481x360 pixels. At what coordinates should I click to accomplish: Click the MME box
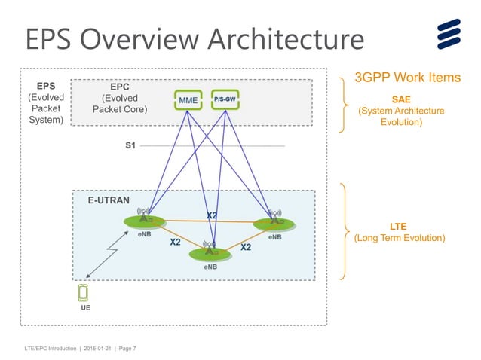pyautogui.click(x=187, y=99)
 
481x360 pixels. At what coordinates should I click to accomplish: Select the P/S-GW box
pyautogui.click(x=225, y=99)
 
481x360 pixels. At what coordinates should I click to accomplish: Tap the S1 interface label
pyautogui.click(x=130, y=145)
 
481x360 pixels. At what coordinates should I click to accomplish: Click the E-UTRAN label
pyautogui.click(x=108, y=200)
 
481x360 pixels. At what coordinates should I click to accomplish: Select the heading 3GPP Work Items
pyautogui.click(x=407, y=78)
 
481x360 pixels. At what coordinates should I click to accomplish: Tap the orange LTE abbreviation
pyautogui.click(x=398, y=226)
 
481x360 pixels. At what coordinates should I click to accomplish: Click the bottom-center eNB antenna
pyautogui.click(x=212, y=252)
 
